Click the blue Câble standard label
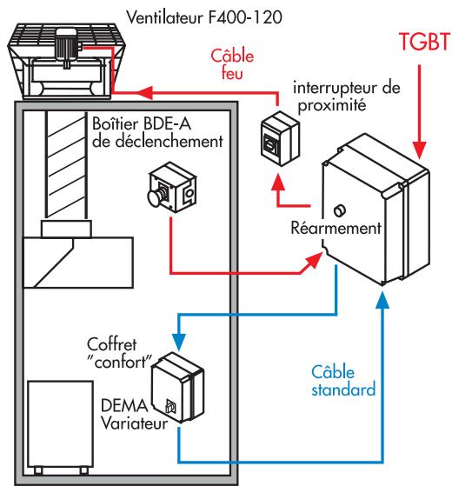(345, 380)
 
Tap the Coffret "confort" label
(116, 352)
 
